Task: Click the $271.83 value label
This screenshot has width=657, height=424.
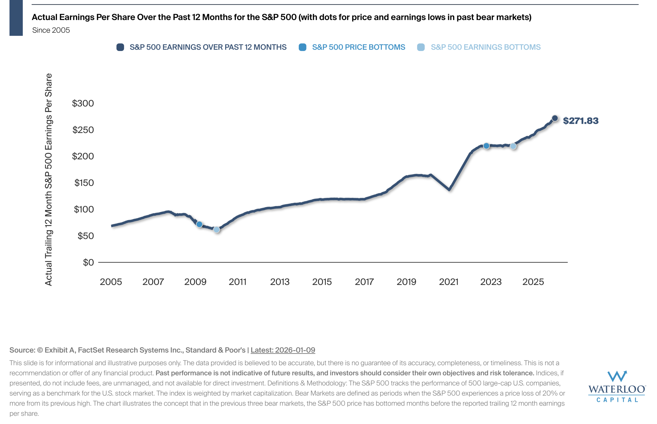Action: coord(580,120)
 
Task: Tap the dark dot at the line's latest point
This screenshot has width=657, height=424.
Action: coord(555,118)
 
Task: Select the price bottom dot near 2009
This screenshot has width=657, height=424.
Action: coord(199,224)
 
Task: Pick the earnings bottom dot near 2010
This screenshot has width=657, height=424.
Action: coord(217,230)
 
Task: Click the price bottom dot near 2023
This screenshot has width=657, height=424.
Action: coord(486,146)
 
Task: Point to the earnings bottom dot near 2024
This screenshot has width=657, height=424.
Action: coord(513,146)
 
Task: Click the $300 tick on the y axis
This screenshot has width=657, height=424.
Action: coord(83,103)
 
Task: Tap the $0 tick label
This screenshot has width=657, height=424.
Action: coord(88,263)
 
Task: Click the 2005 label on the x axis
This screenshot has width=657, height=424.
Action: coord(111,282)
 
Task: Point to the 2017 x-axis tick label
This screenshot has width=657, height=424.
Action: coord(364,282)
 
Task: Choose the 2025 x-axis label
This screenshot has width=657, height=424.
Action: coord(533,282)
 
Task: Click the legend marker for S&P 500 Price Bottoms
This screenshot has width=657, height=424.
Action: coord(303,47)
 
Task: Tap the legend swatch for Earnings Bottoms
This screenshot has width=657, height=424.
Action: coord(421,47)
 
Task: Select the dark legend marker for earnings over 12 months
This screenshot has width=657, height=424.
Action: coord(120,47)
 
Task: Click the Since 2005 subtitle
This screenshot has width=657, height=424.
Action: coord(51,30)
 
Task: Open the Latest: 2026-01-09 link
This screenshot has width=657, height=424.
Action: coord(283,350)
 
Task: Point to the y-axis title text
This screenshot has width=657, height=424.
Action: coord(49,179)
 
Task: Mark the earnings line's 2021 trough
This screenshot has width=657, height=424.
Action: coord(449,189)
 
